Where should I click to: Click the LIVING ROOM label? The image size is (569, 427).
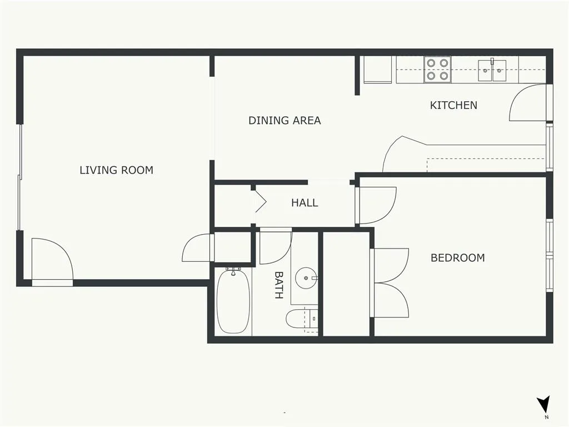(x=116, y=170)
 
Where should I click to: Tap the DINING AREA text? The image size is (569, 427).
(x=284, y=121)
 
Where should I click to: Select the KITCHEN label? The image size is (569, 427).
(x=453, y=105)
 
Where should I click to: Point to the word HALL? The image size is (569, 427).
(x=305, y=202)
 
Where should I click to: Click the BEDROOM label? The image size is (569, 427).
(x=458, y=258)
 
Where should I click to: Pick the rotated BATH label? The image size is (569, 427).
(x=278, y=285)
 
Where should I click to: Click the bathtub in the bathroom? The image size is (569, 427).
(x=233, y=301)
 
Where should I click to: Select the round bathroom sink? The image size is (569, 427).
(x=306, y=278)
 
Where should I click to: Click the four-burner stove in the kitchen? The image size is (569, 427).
(x=437, y=69)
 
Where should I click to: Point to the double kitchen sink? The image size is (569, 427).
(x=492, y=71)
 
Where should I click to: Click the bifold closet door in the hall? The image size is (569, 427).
(x=261, y=200)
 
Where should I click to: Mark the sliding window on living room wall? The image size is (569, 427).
(x=20, y=177)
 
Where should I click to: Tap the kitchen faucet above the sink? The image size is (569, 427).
(x=492, y=61)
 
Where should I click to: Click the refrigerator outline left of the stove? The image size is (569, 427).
(x=377, y=69)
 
